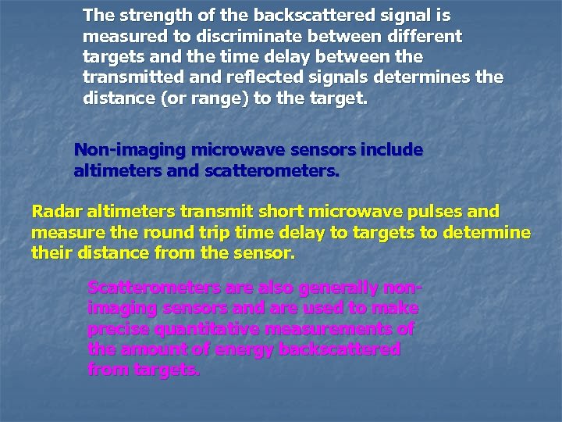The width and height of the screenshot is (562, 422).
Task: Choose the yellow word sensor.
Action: pos(268,254)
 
